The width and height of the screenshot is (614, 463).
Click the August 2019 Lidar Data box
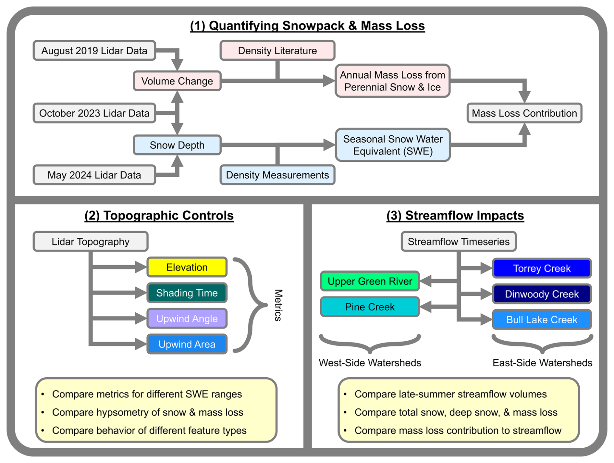(94, 51)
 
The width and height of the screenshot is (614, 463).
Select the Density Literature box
(277, 51)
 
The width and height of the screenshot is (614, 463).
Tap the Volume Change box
(177, 81)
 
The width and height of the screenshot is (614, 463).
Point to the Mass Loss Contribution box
(524, 113)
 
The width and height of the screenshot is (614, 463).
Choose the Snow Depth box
(177, 145)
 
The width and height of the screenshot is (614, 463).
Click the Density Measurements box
(277, 175)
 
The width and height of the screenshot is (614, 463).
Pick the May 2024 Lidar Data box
(94, 175)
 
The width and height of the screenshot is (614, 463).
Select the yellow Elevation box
(187, 267)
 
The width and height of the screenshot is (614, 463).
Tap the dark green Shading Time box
(187, 293)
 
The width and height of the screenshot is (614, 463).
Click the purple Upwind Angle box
(187, 319)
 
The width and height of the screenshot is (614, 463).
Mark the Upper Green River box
(370, 281)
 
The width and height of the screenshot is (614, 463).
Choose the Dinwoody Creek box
(542, 294)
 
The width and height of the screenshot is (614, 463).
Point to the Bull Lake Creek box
(542, 320)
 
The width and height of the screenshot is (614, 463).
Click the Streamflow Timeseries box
(458, 242)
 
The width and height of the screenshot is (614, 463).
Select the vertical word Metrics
(278, 305)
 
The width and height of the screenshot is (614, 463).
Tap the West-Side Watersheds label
(370, 363)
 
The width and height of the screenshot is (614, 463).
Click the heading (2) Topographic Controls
(159, 216)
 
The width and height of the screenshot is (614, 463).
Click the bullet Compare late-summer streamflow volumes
(450, 394)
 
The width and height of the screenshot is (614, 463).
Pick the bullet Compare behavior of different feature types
(149, 431)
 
